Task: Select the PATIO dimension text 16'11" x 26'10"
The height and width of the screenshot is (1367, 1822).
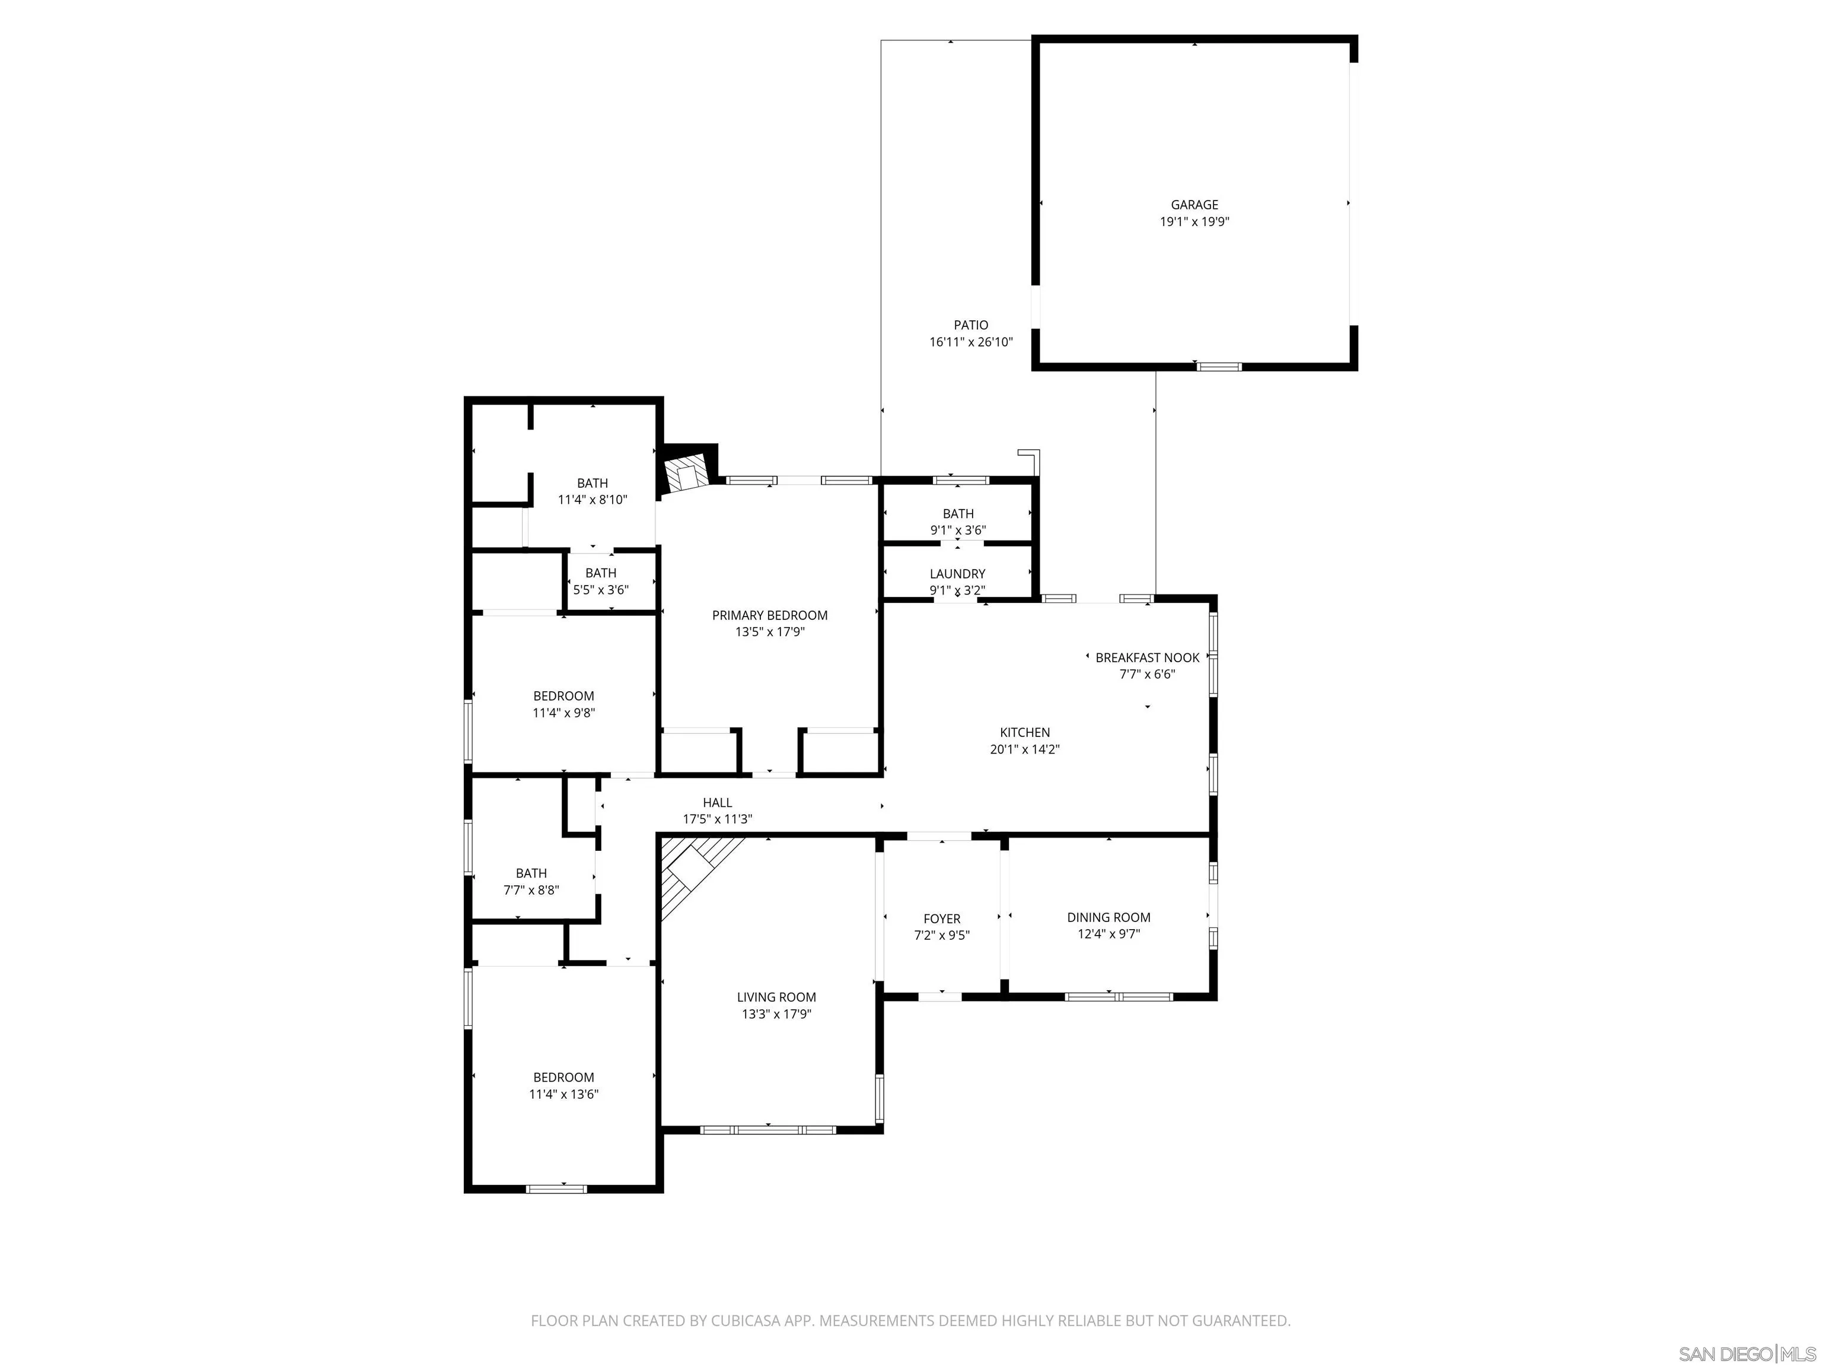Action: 970,342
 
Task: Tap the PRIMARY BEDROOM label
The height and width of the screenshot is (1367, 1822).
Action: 769,615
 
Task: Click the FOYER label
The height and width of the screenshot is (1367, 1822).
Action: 941,918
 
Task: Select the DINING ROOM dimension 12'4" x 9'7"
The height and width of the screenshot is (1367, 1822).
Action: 1108,933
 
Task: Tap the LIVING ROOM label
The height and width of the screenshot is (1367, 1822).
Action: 776,997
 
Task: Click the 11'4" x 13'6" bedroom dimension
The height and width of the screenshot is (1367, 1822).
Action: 563,1094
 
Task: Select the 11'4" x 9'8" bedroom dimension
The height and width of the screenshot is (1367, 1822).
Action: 563,713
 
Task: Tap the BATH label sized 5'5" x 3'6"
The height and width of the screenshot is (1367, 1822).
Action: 600,573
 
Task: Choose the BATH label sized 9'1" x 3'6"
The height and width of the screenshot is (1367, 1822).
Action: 957,513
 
